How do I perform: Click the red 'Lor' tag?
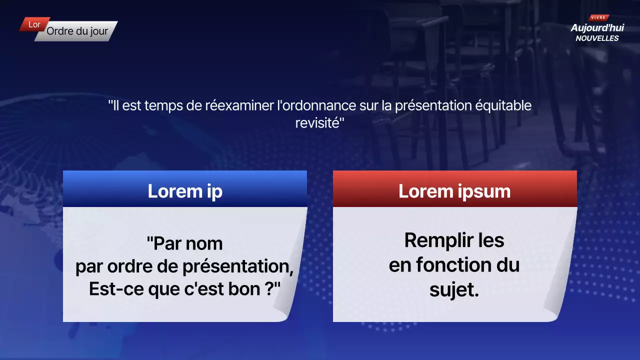[34, 24]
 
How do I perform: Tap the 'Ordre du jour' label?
[77, 31]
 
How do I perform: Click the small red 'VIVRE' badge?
[598, 17]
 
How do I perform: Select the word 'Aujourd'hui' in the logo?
[597, 28]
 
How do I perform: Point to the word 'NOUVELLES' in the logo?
[597, 38]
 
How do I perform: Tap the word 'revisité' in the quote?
[317, 123]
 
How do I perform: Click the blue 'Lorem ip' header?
[185, 191]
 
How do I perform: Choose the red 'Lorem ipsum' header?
[454, 191]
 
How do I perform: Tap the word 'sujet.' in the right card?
[454, 290]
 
